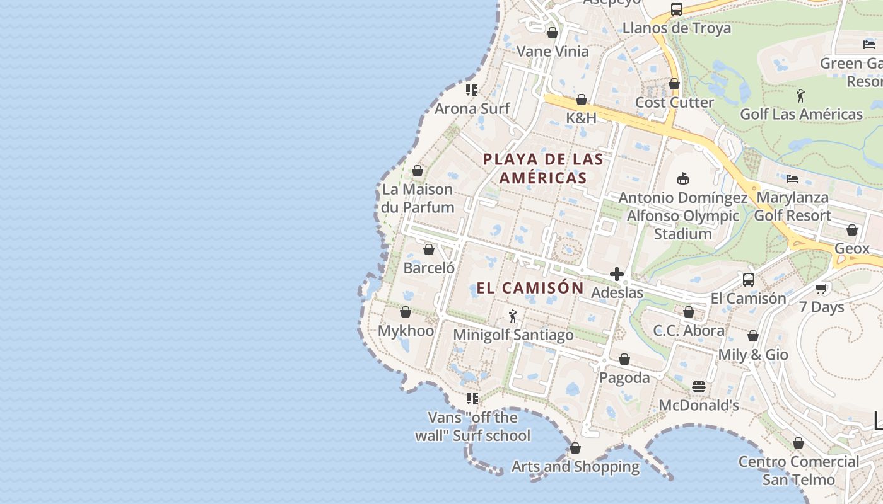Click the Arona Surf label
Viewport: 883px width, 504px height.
pyautogui.click(x=472, y=108)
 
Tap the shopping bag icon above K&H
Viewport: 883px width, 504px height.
pyautogui.click(x=582, y=100)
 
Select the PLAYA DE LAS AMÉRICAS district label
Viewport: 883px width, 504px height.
pyautogui.click(x=543, y=168)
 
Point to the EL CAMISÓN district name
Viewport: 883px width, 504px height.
pyautogui.click(x=530, y=288)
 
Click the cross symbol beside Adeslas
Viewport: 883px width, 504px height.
pyautogui.click(x=617, y=274)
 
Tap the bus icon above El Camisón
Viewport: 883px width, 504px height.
pyautogui.click(x=749, y=280)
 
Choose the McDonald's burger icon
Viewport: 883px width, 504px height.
pyautogui.click(x=698, y=387)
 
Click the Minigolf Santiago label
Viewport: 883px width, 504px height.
pyautogui.click(x=513, y=335)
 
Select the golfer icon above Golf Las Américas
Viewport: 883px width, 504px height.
pyautogui.click(x=800, y=96)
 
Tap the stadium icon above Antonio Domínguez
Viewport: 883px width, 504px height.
pyautogui.click(x=682, y=179)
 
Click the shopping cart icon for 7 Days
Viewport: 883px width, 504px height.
pyautogui.click(x=821, y=289)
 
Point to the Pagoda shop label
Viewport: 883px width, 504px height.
pyautogui.click(x=624, y=377)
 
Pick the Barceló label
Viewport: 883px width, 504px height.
pyautogui.click(x=429, y=268)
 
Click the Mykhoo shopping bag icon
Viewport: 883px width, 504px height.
pyautogui.click(x=406, y=312)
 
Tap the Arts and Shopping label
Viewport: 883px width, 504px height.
pyautogui.click(x=575, y=467)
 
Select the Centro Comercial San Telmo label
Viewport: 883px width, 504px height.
pyautogui.click(x=798, y=471)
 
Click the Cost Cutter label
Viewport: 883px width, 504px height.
pyautogui.click(x=674, y=102)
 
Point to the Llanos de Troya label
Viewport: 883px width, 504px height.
pyautogui.click(x=676, y=28)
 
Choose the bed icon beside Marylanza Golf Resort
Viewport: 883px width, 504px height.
pyautogui.click(x=792, y=179)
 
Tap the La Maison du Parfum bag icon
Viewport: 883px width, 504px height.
pyautogui.click(x=417, y=171)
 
